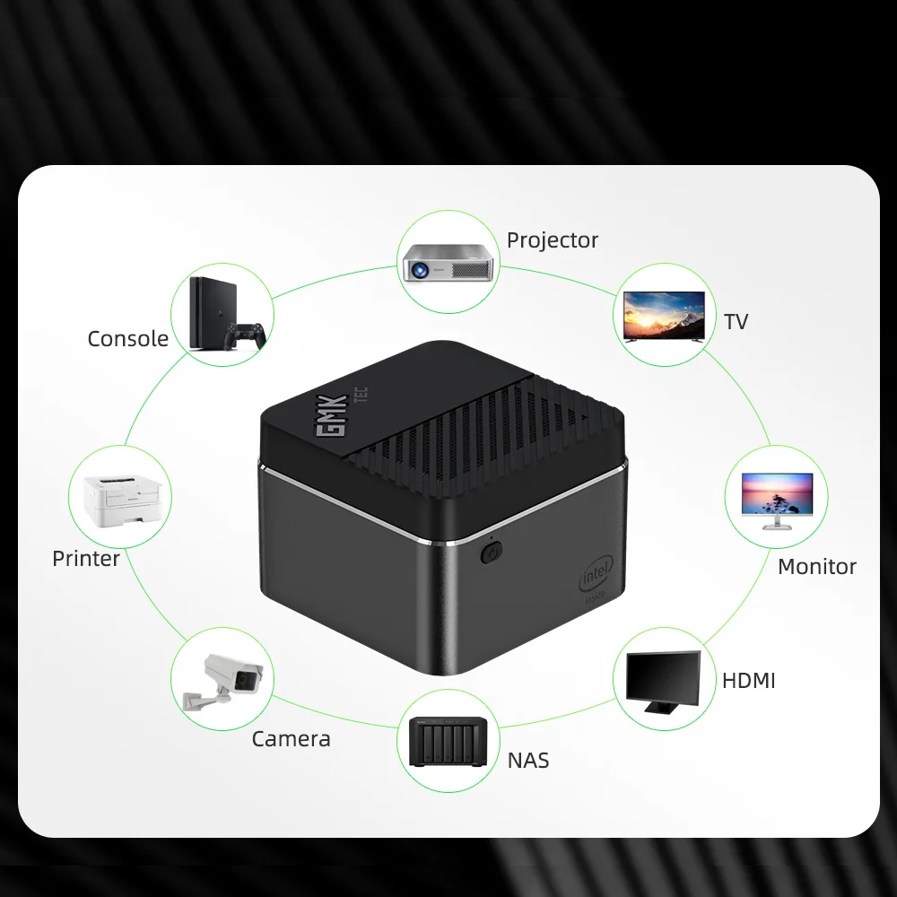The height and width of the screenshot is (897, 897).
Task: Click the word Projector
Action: pos(552,240)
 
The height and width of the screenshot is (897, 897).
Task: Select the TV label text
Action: pos(736,322)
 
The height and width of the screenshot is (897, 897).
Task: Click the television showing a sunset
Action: pos(664,315)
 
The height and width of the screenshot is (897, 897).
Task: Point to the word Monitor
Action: pos(816,567)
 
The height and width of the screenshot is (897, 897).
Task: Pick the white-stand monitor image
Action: pos(777,501)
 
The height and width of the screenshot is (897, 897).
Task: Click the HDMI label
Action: pos(748,681)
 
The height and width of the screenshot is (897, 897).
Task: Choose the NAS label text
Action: pos(527,762)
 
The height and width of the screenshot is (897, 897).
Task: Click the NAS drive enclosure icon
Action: pos(448,742)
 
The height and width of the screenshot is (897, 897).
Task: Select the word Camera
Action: pos(291,739)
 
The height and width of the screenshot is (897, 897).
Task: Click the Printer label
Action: pos(86,559)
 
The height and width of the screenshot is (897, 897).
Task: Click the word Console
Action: pos(127,339)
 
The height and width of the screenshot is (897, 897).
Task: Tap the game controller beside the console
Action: pos(244,335)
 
